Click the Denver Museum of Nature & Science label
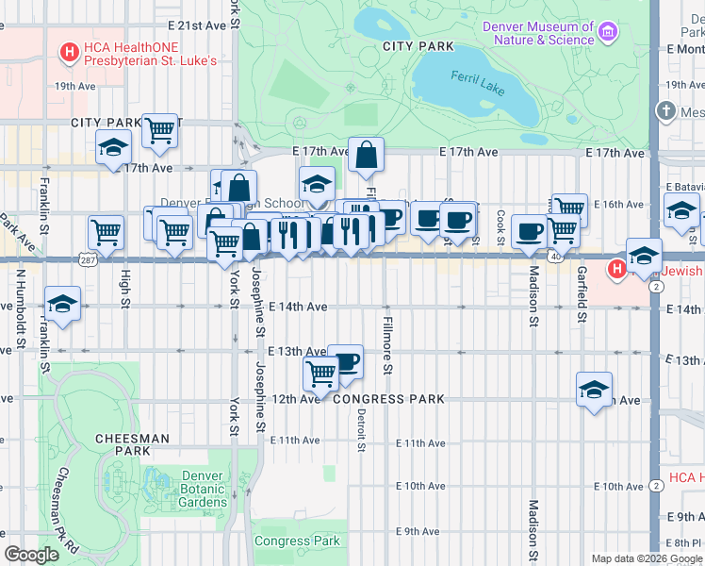(538, 33)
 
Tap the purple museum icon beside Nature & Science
(608, 33)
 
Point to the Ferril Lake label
(470, 75)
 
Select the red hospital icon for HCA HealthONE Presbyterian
(69, 54)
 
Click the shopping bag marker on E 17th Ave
(366, 155)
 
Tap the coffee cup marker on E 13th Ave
(345, 361)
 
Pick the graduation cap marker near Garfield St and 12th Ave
(595, 389)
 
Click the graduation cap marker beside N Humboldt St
(62, 304)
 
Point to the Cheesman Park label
(132, 444)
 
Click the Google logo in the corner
(30, 555)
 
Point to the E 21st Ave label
(197, 25)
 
